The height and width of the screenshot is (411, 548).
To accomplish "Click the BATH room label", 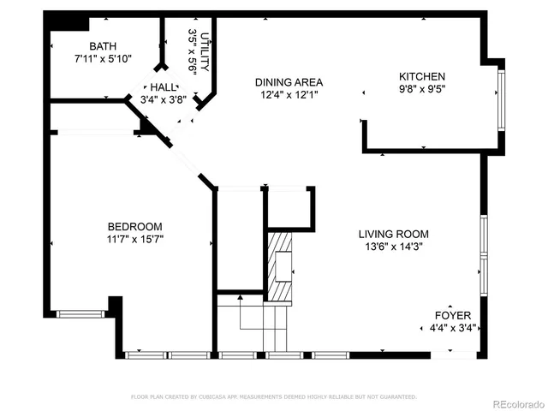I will tap(103, 46).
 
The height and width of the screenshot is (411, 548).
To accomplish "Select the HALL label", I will tap(163, 87).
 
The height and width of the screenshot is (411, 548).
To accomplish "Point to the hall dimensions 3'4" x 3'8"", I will tap(163, 99).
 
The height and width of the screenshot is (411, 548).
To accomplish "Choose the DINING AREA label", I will tap(289, 83).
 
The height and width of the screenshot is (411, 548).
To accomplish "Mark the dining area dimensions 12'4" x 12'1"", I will tap(289, 95).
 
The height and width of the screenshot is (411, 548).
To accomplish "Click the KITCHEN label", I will tap(422, 76).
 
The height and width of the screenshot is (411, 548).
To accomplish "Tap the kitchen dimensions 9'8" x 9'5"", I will tap(422, 88).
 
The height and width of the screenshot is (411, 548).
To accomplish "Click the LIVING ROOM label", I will tap(393, 234).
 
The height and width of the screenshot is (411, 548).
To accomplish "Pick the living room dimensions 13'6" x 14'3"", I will tap(393, 247).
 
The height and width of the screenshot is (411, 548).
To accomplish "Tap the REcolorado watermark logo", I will tap(515, 402).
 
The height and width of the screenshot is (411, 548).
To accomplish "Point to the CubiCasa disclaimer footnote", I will tap(274, 396).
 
